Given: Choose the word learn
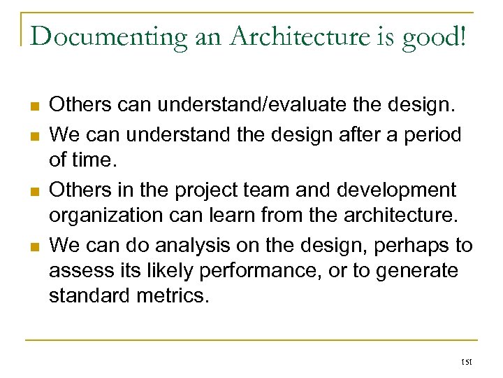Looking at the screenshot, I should point(245,214).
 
